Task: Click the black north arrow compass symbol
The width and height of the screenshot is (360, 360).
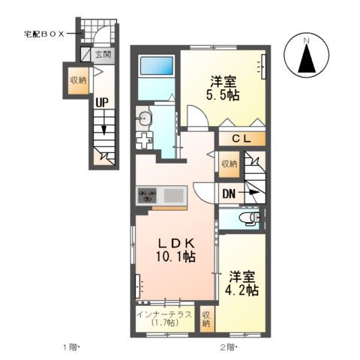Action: point(306,56)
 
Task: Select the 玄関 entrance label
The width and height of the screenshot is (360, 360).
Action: point(103,54)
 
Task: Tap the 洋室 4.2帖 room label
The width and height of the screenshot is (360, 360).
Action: point(244,282)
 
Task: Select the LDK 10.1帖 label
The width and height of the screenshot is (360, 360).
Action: point(176,249)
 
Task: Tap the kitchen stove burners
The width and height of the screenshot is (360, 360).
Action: point(146,196)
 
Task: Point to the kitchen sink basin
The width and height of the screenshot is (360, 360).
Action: point(174,196)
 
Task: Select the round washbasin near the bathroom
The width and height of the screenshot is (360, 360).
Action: point(145,117)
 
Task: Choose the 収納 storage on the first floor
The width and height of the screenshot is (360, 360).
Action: point(77,81)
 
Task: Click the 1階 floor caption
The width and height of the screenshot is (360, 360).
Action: point(69,346)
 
